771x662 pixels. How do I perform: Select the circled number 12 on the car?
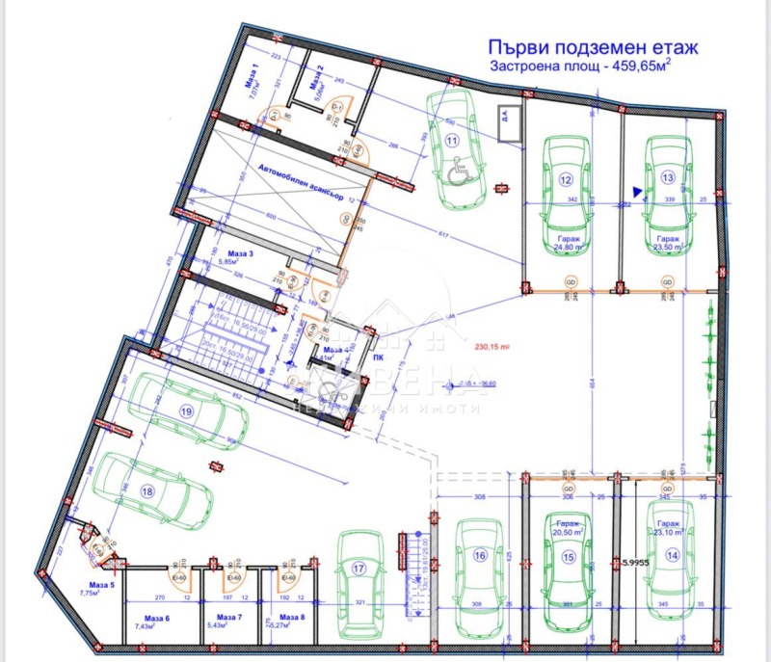[x=566, y=180]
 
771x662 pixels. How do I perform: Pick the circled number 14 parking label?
[x=672, y=555]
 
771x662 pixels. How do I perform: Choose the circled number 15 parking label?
[x=568, y=556]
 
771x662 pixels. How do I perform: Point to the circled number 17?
[x=359, y=569]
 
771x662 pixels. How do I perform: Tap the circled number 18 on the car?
[x=147, y=490]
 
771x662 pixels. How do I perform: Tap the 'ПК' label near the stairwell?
[x=379, y=356]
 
